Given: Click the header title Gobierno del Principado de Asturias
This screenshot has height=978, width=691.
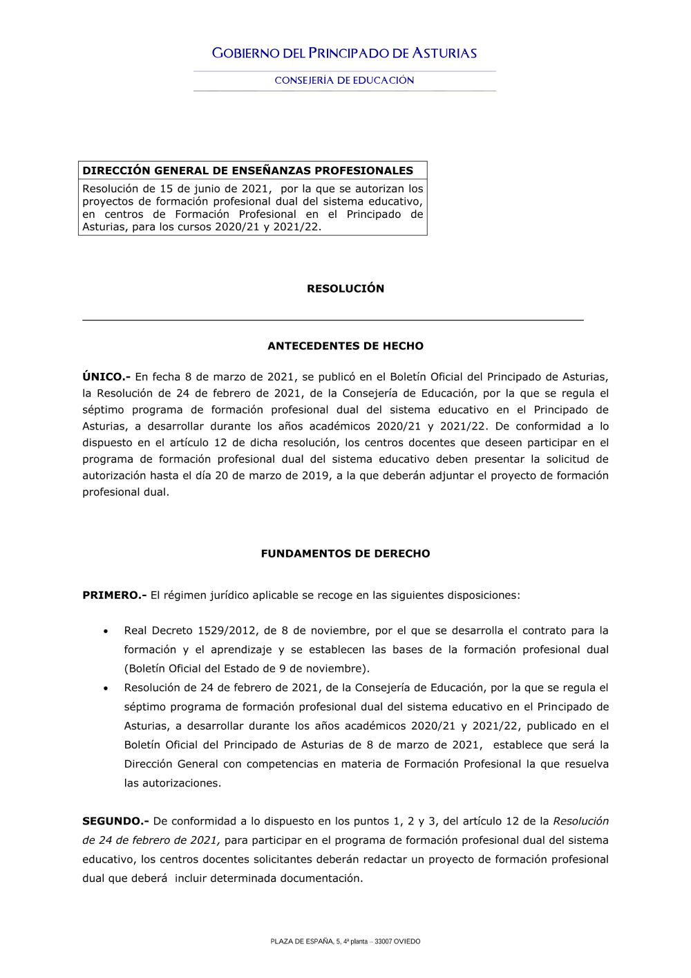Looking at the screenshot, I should (x=344, y=53).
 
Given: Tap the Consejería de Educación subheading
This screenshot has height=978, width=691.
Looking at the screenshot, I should (x=344, y=80).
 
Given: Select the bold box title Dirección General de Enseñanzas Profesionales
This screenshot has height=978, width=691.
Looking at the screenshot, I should (x=247, y=171).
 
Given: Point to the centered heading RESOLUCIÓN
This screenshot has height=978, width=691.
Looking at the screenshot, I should (x=345, y=288).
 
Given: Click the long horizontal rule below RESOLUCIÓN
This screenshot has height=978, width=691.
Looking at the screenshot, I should (x=333, y=320).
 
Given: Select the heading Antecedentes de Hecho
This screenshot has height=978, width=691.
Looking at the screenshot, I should (x=345, y=346).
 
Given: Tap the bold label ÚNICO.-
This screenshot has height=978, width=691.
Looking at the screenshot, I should (x=106, y=377).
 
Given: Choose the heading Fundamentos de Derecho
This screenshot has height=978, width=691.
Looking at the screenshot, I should (x=345, y=553).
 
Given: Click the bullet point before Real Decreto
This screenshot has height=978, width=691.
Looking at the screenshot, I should (x=106, y=631).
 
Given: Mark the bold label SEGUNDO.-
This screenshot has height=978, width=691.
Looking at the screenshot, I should (x=115, y=822).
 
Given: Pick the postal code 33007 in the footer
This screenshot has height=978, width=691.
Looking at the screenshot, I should (x=383, y=941).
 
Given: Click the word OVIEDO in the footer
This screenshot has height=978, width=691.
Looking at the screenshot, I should (x=407, y=941).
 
